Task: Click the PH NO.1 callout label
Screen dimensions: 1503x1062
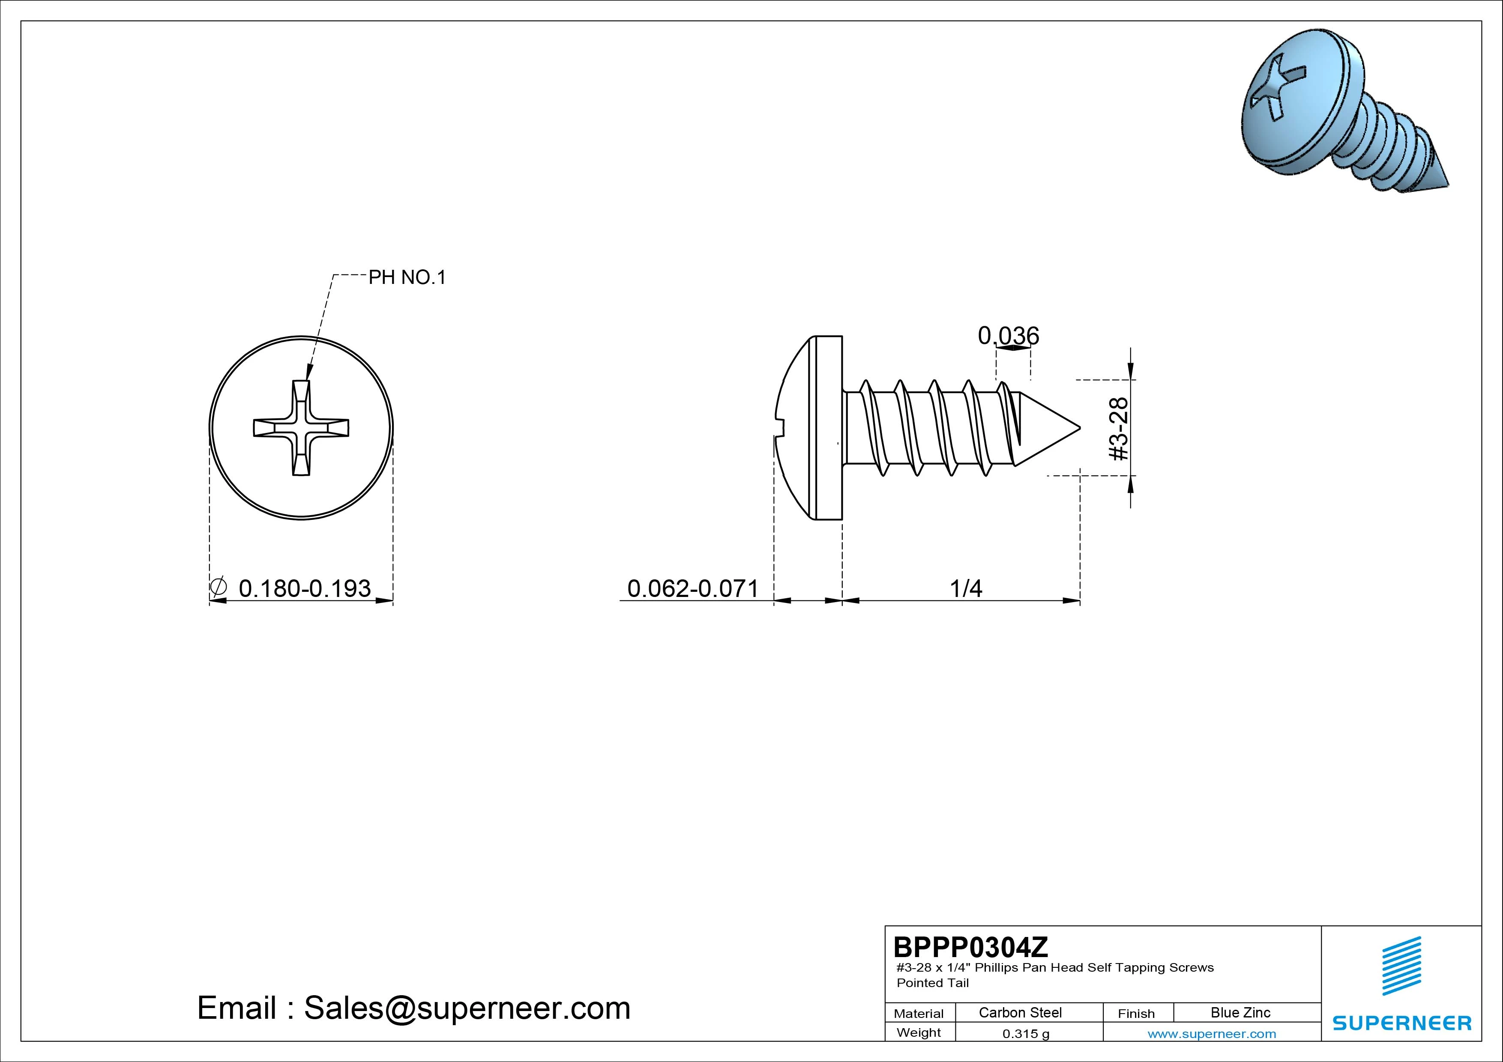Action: pyautogui.click(x=407, y=277)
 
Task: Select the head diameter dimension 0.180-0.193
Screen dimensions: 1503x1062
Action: pyautogui.click(x=304, y=588)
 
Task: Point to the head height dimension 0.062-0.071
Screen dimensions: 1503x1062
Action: pyautogui.click(x=692, y=588)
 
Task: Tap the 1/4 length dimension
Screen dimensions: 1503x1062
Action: pyautogui.click(x=966, y=588)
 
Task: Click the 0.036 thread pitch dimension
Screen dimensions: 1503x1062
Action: pyautogui.click(x=1008, y=336)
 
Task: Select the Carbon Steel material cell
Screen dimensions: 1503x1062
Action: pyautogui.click(x=1020, y=1012)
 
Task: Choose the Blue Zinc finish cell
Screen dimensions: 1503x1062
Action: pyautogui.click(x=1240, y=1012)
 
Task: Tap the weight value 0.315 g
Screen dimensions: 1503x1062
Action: pyautogui.click(x=1026, y=1034)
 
